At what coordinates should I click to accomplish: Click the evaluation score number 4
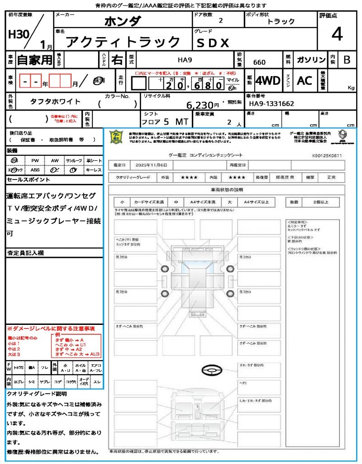[336, 34]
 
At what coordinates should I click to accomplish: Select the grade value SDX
[213, 43]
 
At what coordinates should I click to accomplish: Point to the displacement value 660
[259, 62]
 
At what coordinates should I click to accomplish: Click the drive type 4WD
[267, 81]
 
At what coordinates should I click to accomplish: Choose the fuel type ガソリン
[311, 60]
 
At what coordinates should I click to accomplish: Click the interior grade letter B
[347, 60]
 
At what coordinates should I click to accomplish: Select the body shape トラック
[281, 21]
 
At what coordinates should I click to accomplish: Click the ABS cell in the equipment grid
[35, 170]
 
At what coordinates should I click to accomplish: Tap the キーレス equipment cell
[94, 170]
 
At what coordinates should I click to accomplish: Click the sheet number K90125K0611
[327, 155]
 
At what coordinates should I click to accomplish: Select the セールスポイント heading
[29, 180]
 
